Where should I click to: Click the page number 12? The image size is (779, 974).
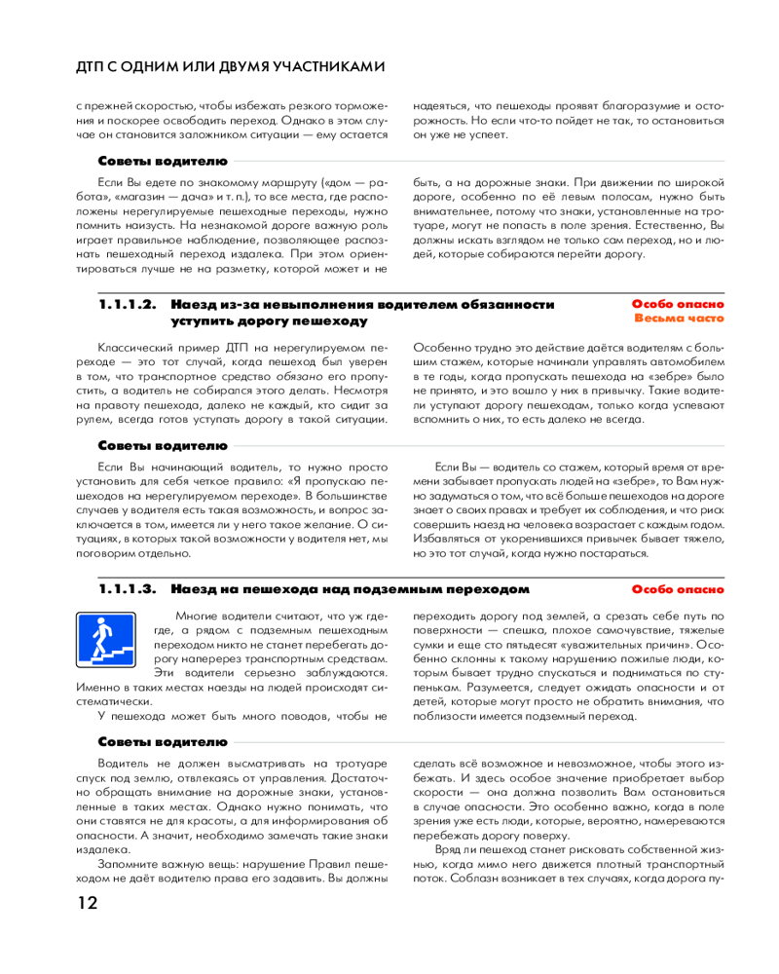click(88, 902)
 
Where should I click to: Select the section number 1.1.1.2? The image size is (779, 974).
click(128, 305)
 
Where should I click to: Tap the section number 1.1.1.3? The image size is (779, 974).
click(128, 589)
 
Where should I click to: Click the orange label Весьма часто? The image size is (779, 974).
click(679, 318)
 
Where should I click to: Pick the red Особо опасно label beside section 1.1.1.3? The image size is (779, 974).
click(679, 589)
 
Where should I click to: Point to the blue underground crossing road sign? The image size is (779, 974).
click(106, 639)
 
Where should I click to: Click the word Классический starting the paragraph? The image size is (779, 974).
click(137, 346)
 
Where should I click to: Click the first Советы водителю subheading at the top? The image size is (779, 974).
click(164, 161)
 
